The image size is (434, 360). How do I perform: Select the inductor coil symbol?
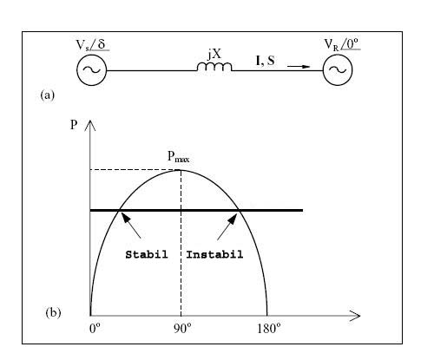tap(214, 67)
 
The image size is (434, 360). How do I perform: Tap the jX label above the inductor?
tap(214, 54)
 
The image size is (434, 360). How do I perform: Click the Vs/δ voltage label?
tap(93, 45)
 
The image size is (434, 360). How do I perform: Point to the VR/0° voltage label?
tap(342, 44)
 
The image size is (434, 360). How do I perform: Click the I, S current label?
tap(266, 61)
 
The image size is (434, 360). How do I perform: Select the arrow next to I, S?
tap(299, 67)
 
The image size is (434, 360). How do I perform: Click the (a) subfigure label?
tap(48, 95)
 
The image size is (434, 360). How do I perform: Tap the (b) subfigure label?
tap(53, 313)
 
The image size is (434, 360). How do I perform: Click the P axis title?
tap(74, 125)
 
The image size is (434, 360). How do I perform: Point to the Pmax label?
tap(179, 156)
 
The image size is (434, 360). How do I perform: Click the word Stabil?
tap(147, 254)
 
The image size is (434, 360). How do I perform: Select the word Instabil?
tap(214, 254)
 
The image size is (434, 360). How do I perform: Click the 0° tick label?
tap(95, 329)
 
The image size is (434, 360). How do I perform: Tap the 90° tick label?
tap(182, 329)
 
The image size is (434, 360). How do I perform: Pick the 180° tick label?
tap(269, 329)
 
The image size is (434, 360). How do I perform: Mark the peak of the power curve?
tap(181, 170)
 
